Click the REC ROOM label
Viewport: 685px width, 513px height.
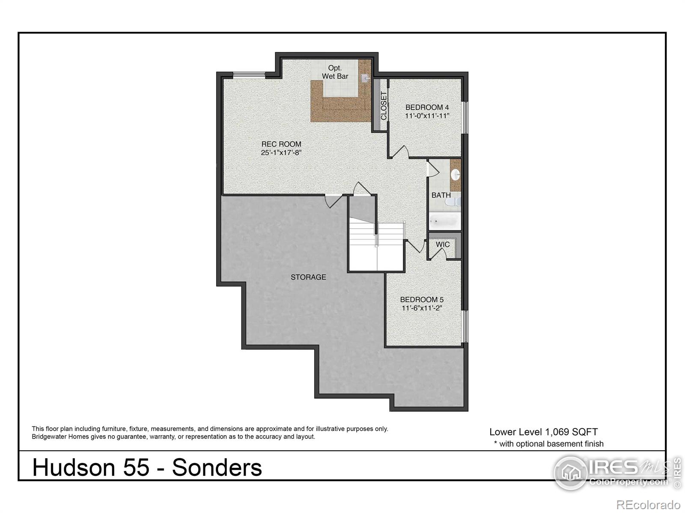(x=281, y=144)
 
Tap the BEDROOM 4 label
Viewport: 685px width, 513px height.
(x=427, y=107)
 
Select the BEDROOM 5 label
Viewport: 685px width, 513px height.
(x=422, y=300)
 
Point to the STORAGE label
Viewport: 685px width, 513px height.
(x=308, y=277)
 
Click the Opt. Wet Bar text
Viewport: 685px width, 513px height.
(x=335, y=72)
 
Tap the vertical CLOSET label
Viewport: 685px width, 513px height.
(x=384, y=105)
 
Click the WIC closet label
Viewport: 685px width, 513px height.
(x=443, y=245)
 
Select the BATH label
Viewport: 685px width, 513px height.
(x=441, y=195)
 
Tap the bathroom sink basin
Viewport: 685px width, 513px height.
(x=456, y=174)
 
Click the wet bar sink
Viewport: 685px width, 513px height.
(x=365, y=78)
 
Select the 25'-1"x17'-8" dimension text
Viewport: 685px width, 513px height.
(x=281, y=153)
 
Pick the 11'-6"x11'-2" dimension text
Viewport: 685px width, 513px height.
(x=422, y=308)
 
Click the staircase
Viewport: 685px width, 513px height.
(x=376, y=248)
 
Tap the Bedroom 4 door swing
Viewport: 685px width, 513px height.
(x=400, y=152)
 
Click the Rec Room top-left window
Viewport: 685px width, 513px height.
(x=249, y=75)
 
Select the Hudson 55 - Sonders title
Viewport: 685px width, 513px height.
(x=147, y=467)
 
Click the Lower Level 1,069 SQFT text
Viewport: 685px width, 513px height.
(x=543, y=432)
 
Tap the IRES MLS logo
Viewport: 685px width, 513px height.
(x=612, y=472)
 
